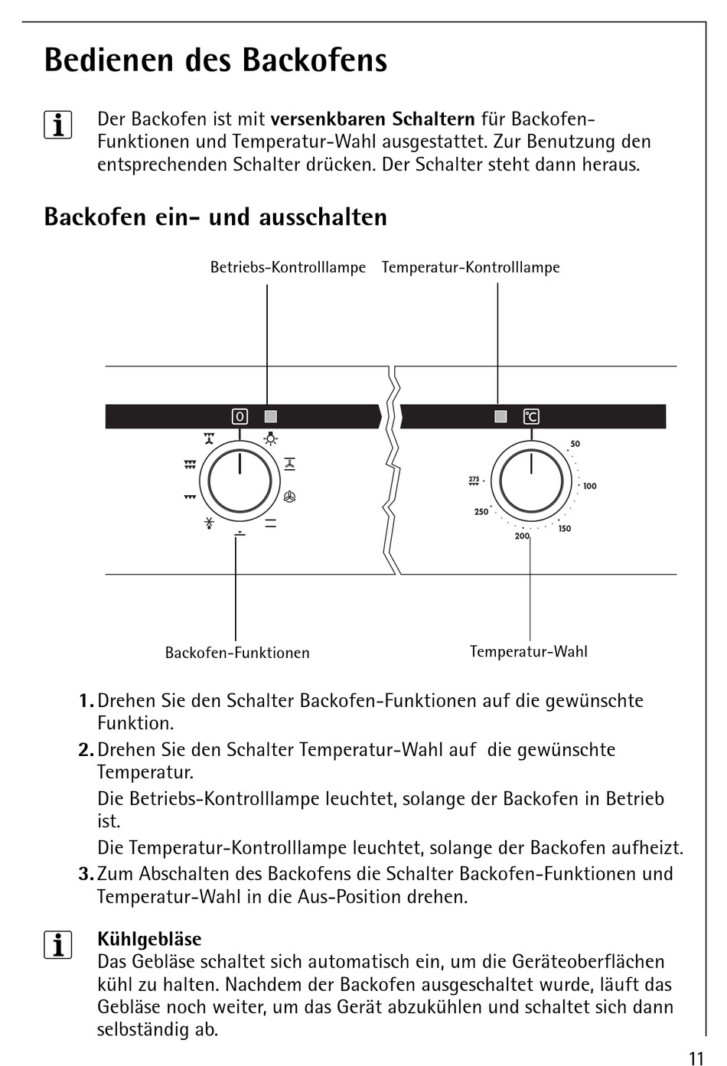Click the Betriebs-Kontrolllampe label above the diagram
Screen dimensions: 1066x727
coord(288,267)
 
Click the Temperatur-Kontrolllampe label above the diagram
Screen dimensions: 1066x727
coord(471,267)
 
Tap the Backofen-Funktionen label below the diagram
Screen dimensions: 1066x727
coord(237,653)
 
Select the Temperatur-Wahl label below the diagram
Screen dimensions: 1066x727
coord(528,651)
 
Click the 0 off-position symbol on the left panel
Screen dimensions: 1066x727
coord(240,416)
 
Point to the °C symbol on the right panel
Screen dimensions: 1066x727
coord(531,416)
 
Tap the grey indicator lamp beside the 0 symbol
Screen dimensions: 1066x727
coord(270,416)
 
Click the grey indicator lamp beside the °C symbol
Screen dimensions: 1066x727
coord(500,416)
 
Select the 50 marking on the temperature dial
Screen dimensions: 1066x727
coord(575,444)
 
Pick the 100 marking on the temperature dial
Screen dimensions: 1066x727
coord(589,486)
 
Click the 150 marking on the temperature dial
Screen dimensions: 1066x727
coord(564,529)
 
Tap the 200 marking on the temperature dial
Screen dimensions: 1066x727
coord(522,536)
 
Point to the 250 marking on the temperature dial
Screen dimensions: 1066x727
coord(481,512)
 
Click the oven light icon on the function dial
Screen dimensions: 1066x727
coord(271,439)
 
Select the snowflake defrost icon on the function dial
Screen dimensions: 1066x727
coord(208,524)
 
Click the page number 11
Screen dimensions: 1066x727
coord(695,1058)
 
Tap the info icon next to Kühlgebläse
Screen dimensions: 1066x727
coord(58,946)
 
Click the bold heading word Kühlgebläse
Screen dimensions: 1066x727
coord(149,939)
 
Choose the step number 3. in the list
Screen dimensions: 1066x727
coord(86,874)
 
